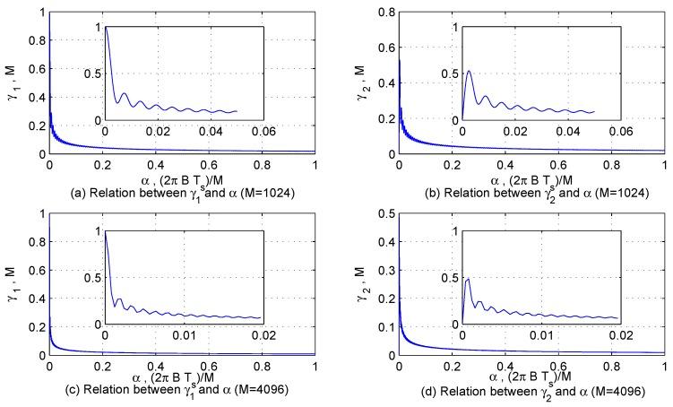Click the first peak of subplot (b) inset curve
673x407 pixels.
[x=469, y=71]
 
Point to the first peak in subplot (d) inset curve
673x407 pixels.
[x=467, y=279]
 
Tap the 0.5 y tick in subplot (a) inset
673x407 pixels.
[x=93, y=74]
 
